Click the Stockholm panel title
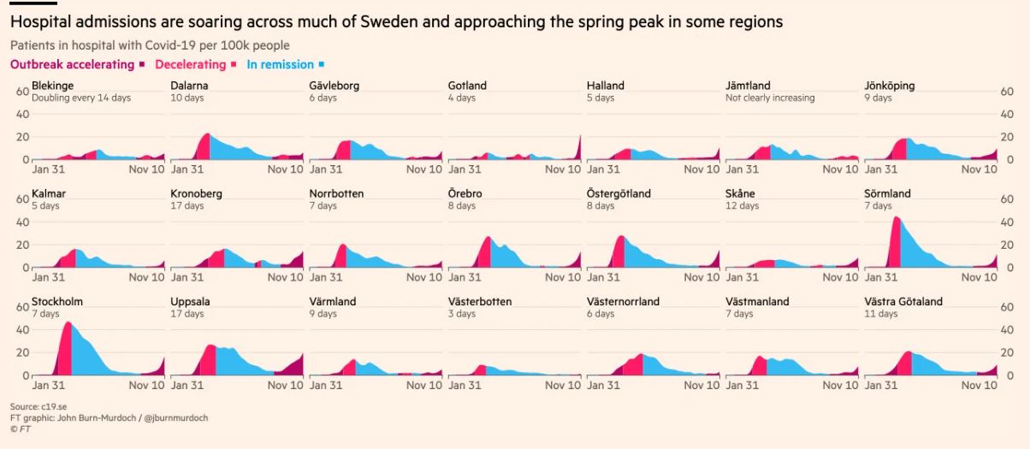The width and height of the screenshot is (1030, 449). click(x=56, y=302)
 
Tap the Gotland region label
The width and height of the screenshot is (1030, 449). click(x=467, y=86)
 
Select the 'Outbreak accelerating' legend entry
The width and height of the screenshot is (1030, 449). click(x=72, y=64)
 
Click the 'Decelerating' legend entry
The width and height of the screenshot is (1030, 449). click(x=191, y=64)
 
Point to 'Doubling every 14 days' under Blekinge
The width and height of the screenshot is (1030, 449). click(x=81, y=97)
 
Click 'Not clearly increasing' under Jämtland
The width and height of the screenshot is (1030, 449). click(x=770, y=97)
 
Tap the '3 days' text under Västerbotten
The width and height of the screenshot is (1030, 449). click(x=462, y=314)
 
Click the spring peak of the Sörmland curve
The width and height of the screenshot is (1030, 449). click(x=895, y=217)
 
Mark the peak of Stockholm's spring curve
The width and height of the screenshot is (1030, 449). click(x=68, y=322)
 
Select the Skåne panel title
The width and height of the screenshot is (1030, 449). click(x=741, y=193)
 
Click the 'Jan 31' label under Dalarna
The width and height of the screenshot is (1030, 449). click(x=188, y=169)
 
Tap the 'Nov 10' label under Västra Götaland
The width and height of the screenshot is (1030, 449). click(x=979, y=386)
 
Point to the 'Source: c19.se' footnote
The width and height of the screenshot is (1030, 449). click(x=40, y=406)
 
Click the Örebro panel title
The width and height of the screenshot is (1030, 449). click(x=465, y=193)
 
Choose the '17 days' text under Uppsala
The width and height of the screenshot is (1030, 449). click(x=187, y=314)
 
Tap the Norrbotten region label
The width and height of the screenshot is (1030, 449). click(x=336, y=193)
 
